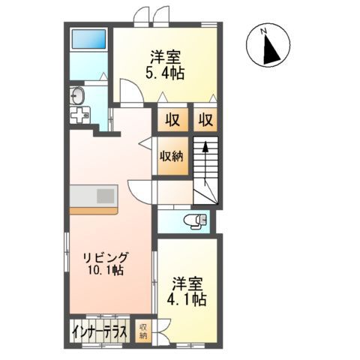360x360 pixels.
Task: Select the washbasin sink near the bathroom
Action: click(77, 95)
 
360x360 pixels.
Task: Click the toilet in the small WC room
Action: click(196, 220)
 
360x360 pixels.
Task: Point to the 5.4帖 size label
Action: click(166, 73)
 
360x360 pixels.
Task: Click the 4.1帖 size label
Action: click(188, 298)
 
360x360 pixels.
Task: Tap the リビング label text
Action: click(106, 256)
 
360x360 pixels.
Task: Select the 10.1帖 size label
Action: click(106, 270)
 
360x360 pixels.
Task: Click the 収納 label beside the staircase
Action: click(172, 157)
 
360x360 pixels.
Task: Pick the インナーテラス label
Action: click(100, 331)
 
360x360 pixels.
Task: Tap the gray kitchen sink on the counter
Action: click(106, 196)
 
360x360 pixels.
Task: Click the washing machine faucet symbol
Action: click(78, 117)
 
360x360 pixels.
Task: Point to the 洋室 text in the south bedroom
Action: click(188, 283)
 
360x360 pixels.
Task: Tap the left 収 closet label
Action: click(172, 118)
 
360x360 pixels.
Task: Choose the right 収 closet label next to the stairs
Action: click(205, 118)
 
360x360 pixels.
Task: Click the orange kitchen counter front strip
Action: click(92, 209)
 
